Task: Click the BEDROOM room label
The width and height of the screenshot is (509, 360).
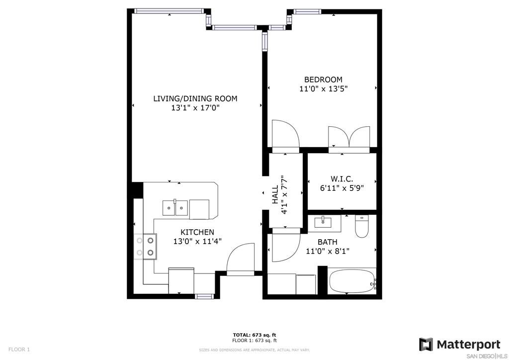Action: click(323, 80)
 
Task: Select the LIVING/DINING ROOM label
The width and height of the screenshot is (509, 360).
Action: click(195, 98)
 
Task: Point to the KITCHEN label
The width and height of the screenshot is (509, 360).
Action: click(197, 232)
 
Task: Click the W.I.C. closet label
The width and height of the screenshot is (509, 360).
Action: click(342, 179)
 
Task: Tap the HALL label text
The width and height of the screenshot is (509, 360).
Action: click(275, 195)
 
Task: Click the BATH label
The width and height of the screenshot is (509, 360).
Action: click(327, 242)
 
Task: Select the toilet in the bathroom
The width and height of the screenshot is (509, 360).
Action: click(362, 226)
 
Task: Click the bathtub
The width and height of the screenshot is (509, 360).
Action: click(352, 281)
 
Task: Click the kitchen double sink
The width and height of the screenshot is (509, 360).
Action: click(175, 208)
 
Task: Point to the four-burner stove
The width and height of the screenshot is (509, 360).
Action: click(145, 247)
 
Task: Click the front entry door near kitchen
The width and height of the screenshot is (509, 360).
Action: click(240, 259)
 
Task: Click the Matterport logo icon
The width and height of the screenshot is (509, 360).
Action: click(425, 345)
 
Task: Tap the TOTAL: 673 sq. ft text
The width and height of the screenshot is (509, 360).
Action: click(254, 335)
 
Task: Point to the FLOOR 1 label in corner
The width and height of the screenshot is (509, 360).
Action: click(19, 350)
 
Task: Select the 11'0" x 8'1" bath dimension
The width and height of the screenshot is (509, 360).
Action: click(328, 251)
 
